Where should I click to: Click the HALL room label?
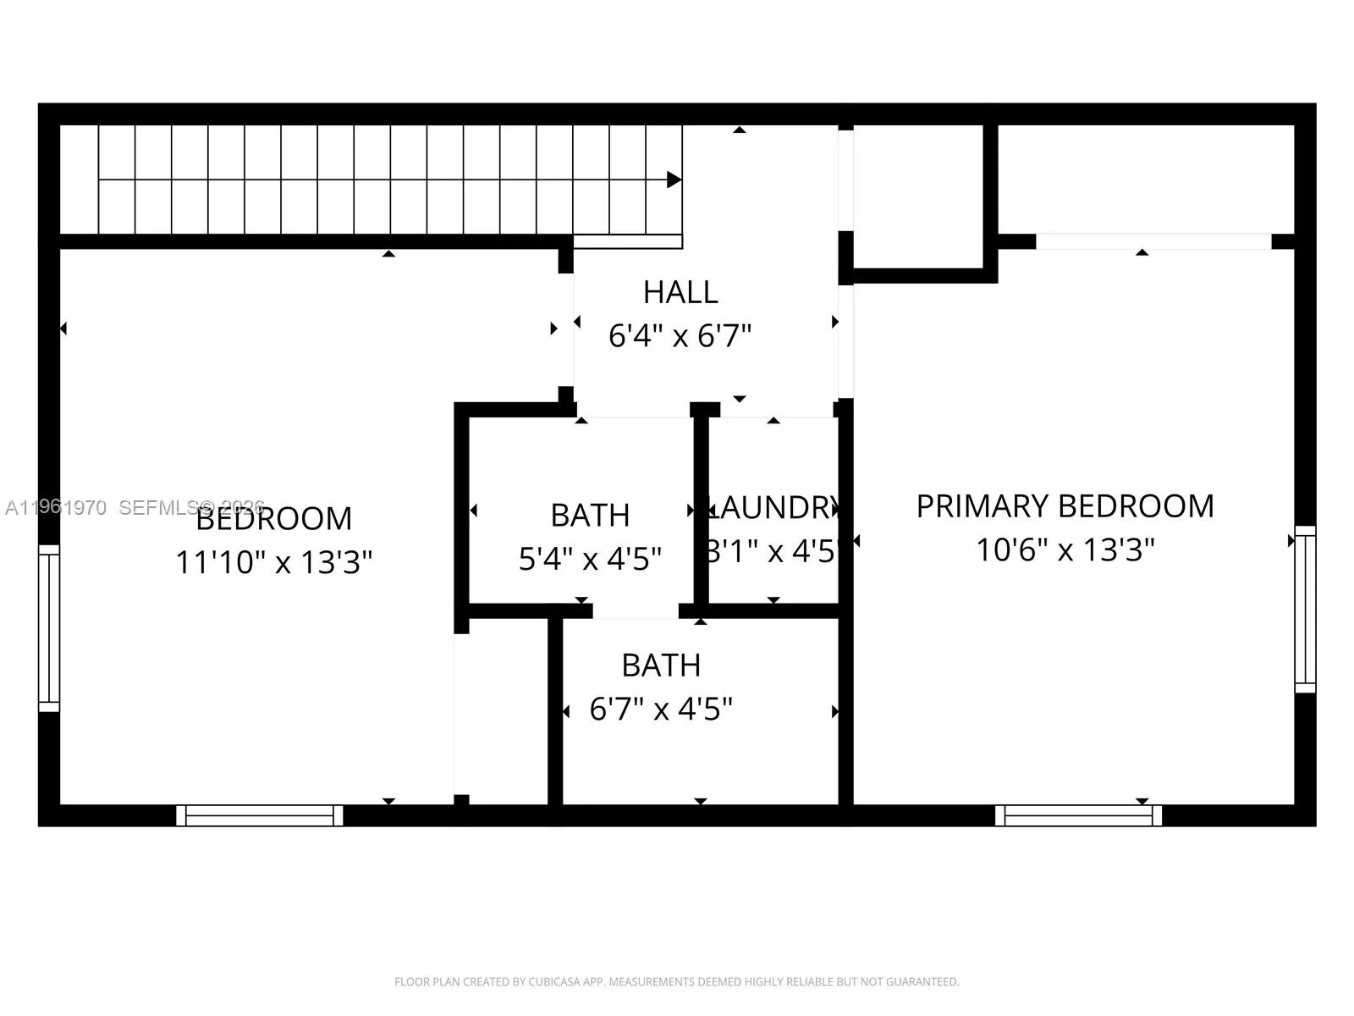click(x=680, y=292)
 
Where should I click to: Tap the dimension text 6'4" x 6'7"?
click(x=680, y=336)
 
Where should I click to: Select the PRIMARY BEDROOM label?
click(x=1065, y=506)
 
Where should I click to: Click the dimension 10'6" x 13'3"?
click(x=1065, y=550)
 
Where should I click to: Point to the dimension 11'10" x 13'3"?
click(x=273, y=562)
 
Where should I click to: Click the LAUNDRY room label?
click(x=773, y=508)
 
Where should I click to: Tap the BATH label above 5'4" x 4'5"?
click(x=590, y=515)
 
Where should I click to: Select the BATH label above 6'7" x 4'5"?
click(x=661, y=665)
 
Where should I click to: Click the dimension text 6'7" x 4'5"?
click(x=661, y=709)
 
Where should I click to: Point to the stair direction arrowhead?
click(x=674, y=179)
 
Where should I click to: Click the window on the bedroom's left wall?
click(x=49, y=627)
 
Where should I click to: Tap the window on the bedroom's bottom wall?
click(x=260, y=815)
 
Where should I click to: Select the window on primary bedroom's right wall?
click(x=1305, y=609)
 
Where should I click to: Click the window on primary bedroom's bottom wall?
click(x=1078, y=815)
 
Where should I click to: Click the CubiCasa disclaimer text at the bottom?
click(x=676, y=982)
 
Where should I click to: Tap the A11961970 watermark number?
click(x=56, y=508)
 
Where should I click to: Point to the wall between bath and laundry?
click(x=701, y=512)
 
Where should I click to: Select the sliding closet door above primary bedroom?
click(x=1153, y=241)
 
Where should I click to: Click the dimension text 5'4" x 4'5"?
click(x=590, y=559)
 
